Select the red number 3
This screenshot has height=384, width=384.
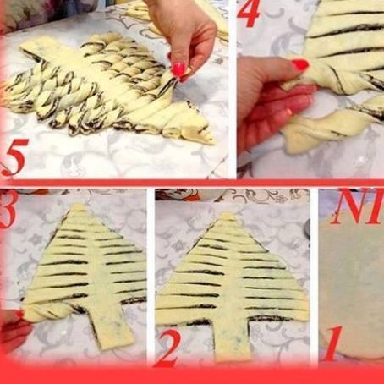point(7,212)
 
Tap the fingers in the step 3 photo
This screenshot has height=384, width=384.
point(10,326)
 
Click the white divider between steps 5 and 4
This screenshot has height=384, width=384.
point(233,85)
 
